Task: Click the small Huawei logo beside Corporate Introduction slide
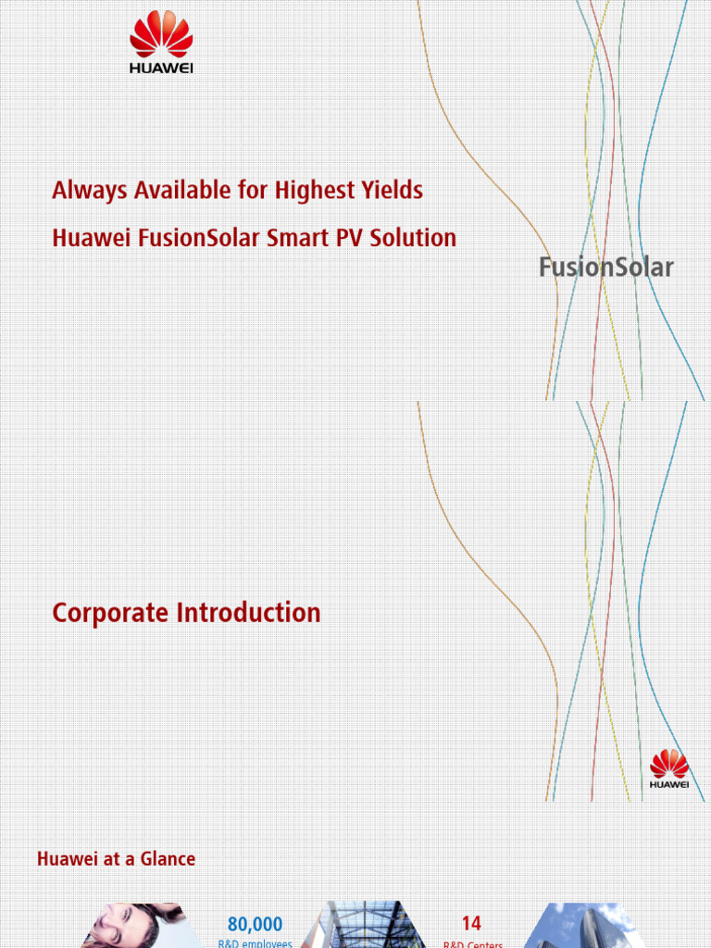click(x=669, y=770)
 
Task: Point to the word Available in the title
click(x=181, y=192)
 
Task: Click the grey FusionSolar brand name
click(x=606, y=268)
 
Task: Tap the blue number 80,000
click(x=255, y=924)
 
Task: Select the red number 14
click(x=471, y=924)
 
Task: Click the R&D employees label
click(x=255, y=943)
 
